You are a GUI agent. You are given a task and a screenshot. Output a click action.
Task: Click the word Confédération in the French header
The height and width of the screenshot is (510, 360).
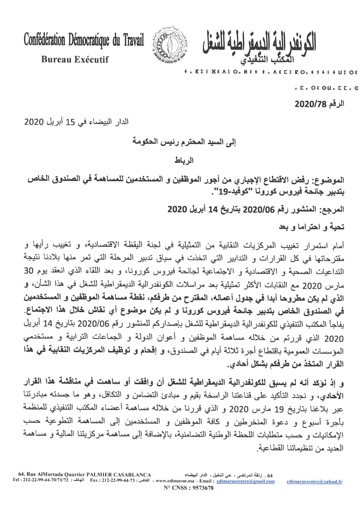click(x=46, y=40)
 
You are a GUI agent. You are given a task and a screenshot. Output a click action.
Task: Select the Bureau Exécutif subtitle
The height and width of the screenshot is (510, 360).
click(x=75, y=60)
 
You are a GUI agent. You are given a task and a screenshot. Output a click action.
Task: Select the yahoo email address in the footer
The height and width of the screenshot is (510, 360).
click(x=314, y=481)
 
